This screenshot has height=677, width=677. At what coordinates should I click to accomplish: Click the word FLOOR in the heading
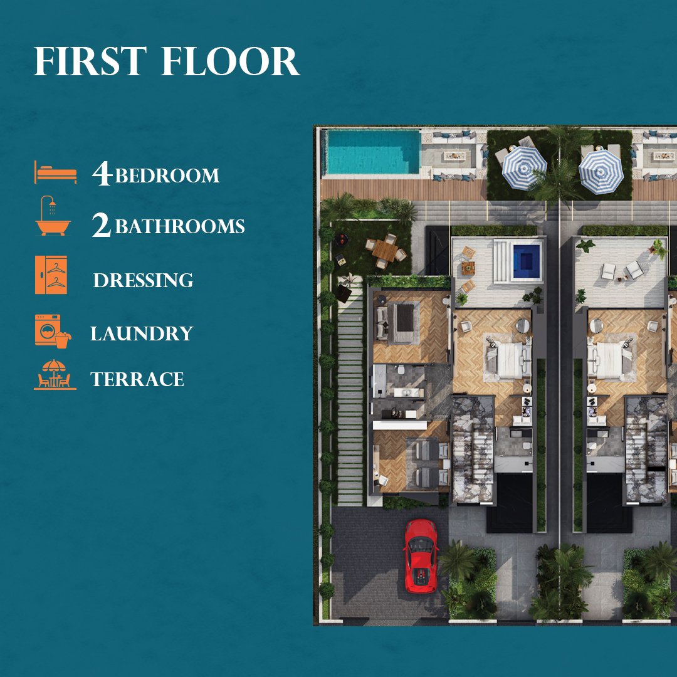[230, 61]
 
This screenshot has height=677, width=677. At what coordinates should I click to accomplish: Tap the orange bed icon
[56, 172]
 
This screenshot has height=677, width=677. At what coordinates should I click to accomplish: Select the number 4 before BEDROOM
[102, 174]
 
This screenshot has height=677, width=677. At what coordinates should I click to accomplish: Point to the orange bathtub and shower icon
[53, 216]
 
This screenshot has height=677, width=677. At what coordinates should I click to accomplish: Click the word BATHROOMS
[180, 226]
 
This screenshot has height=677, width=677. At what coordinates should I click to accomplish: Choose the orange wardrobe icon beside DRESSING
[51, 275]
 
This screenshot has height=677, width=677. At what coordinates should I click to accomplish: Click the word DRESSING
[144, 280]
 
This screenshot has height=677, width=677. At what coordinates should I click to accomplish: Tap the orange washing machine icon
[53, 331]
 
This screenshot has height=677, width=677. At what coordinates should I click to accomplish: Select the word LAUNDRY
[142, 333]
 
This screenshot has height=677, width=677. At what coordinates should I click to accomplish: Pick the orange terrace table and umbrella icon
[55, 375]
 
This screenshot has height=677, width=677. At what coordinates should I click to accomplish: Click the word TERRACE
[137, 379]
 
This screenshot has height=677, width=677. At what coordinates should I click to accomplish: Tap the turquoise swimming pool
[374, 152]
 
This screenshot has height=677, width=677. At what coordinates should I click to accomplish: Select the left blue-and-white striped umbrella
[524, 168]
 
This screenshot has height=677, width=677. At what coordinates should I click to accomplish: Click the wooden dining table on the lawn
[385, 250]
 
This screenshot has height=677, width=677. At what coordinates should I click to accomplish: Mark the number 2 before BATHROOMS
[102, 225]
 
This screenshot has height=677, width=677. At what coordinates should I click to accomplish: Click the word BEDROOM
[167, 176]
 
